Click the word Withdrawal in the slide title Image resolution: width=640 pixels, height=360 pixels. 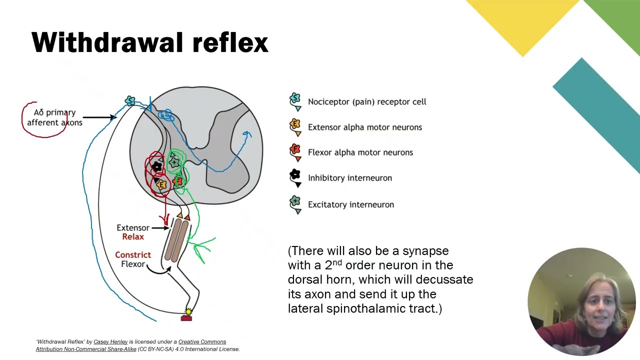(107, 42)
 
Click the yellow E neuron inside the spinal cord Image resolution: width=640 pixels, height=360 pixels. (161, 184)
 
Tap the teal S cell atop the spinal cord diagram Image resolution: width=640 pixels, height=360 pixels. (130, 100)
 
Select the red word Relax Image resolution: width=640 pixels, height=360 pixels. (133, 236)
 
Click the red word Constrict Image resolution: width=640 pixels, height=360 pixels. (133, 254)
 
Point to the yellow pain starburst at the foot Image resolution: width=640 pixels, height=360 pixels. (188, 311)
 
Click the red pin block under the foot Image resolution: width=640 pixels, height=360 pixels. (186, 317)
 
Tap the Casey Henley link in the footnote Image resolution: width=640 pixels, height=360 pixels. (110, 341)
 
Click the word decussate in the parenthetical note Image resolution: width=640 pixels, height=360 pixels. (444, 279)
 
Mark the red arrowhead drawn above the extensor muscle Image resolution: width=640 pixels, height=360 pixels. (165, 219)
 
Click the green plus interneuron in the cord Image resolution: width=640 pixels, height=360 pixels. (174, 162)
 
